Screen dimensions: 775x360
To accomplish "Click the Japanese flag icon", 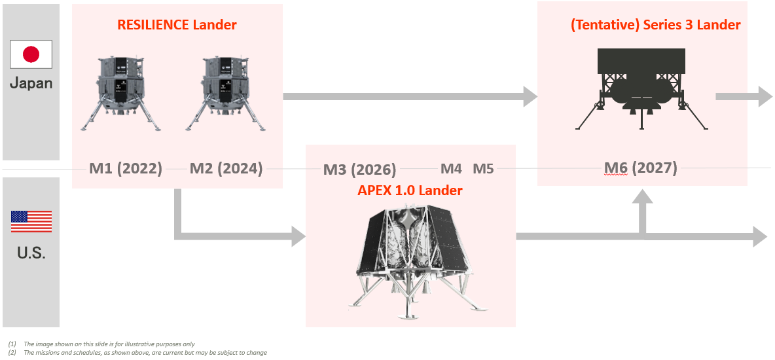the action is pyautogui.click(x=31, y=54).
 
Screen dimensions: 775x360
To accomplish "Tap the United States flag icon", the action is pyautogui.click(x=31, y=221).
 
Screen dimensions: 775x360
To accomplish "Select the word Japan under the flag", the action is pyautogui.click(x=31, y=82).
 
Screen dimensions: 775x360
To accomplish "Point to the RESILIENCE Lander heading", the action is pyautogui.click(x=177, y=24).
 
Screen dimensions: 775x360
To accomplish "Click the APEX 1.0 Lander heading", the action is pyautogui.click(x=410, y=190).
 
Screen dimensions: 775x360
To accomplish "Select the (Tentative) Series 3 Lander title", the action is pyautogui.click(x=655, y=25).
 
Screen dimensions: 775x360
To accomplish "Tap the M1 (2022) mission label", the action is pyautogui.click(x=126, y=169).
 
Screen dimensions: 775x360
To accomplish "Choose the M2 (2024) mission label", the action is pyautogui.click(x=226, y=169).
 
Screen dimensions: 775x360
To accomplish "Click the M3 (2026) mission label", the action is pyautogui.click(x=360, y=170).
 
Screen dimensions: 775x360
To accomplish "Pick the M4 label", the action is pyautogui.click(x=451, y=169).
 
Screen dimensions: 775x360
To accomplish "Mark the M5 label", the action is pyautogui.click(x=483, y=169).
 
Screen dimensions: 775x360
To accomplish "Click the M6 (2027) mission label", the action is pyautogui.click(x=641, y=168).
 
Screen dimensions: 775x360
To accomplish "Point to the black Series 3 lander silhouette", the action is pyautogui.click(x=641, y=89).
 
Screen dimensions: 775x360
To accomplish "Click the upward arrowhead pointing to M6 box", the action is pyautogui.click(x=642, y=196).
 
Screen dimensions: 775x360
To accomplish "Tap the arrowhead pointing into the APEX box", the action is pyautogui.click(x=298, y=236).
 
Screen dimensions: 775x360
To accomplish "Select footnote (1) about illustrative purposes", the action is pyautogui.click(x=101, y=344).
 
